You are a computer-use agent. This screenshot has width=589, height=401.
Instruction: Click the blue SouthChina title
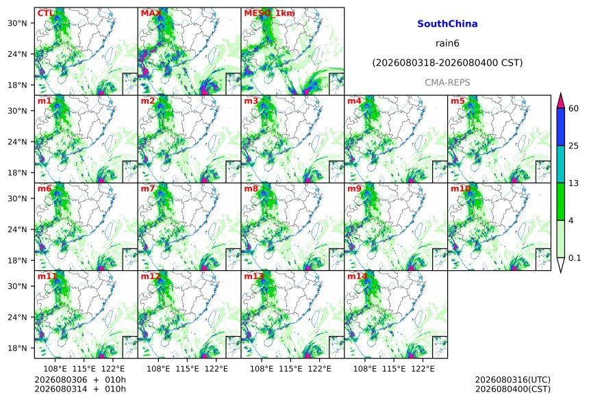[447, 24]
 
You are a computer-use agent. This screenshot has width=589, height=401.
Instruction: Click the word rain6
[447, 43]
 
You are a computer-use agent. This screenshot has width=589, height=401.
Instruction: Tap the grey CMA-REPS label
[447, 83]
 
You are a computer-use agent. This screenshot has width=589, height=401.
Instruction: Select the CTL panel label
[45, 13]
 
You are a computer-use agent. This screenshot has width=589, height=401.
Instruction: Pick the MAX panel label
[151, 13]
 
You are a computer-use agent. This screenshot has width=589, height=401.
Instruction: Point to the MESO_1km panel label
[269, 14]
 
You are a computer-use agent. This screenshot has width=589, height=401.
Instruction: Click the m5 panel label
[458, 101]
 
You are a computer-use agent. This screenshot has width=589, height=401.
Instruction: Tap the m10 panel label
[460, 188]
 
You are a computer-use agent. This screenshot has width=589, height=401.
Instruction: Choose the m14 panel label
[357, 276]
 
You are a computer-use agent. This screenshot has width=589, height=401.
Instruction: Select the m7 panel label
[148, 188]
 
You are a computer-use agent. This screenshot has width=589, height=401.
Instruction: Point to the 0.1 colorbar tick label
[575, 258]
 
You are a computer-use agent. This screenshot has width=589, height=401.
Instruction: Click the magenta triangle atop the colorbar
[561, 101]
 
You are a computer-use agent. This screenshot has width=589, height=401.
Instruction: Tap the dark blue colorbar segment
[561, 127]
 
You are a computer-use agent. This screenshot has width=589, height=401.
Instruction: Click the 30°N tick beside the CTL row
[17, 23]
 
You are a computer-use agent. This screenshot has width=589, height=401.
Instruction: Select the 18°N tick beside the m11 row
[17, 348]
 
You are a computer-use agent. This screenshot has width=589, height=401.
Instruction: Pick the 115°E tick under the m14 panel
[394, 369]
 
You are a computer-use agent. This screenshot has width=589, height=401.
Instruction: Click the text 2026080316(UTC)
[513, 380]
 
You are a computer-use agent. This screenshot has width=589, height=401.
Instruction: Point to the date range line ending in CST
[447, 63]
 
